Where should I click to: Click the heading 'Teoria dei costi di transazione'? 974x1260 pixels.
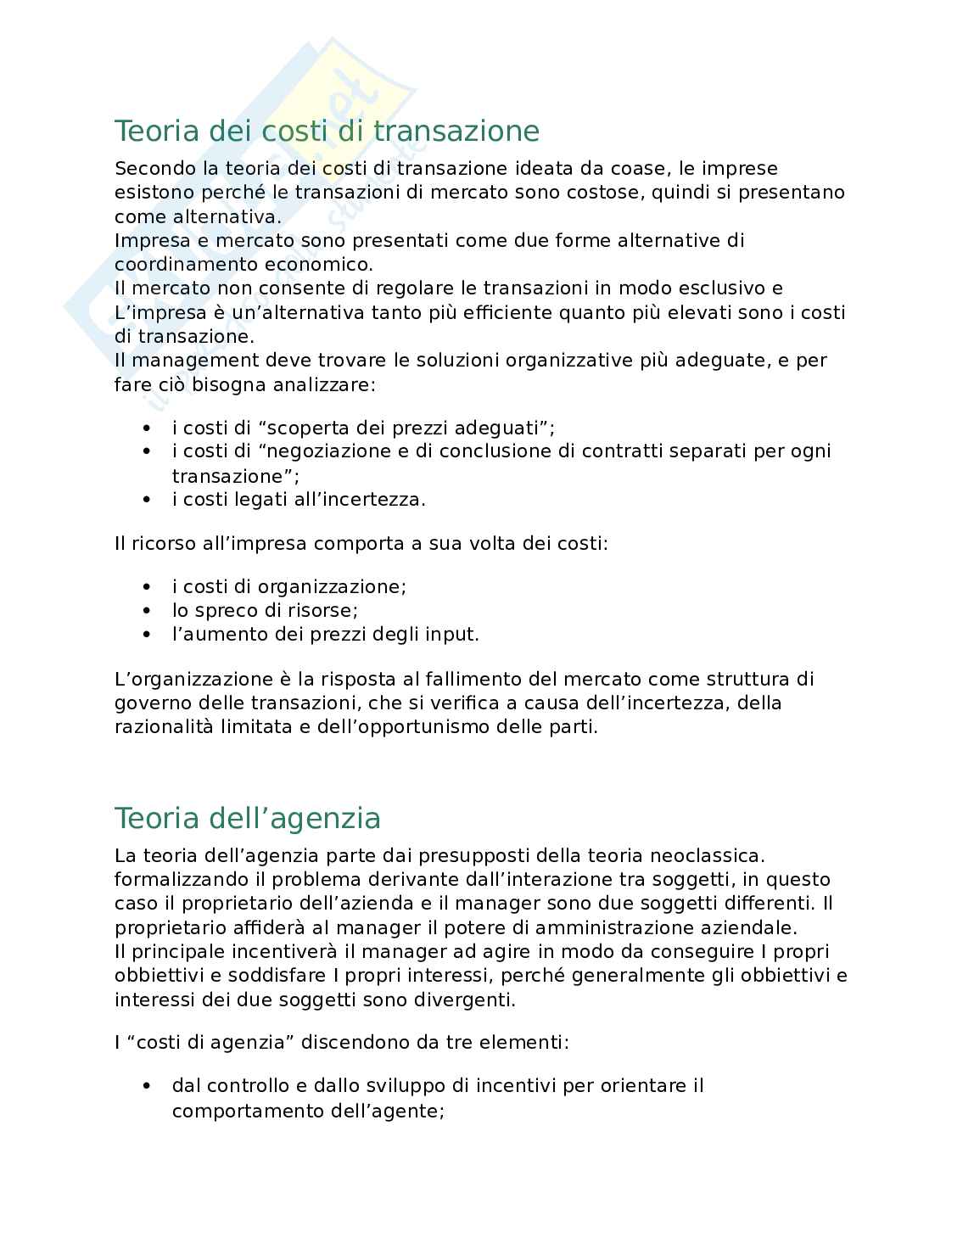[x=327, y=132]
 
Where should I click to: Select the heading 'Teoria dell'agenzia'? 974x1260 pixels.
[x=248, y=819]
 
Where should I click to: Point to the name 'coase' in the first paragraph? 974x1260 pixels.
[x=638, y=169]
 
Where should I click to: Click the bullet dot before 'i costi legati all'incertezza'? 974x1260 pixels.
[x=148, y=500]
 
